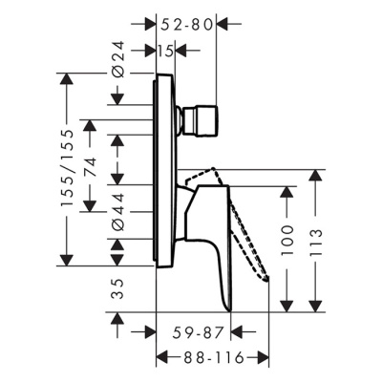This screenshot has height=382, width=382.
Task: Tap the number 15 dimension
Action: (x=166, y=51)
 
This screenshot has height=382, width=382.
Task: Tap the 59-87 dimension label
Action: (x=198, y=332)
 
